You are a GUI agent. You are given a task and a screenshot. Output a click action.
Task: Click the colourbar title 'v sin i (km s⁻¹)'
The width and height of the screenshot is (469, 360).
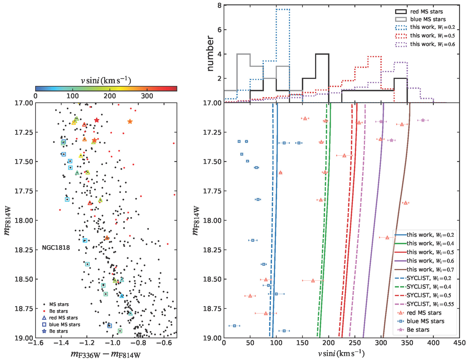click(x=106, y=81)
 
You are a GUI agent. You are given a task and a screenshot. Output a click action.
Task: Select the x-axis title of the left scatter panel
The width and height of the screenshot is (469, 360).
click(x=106, y=354)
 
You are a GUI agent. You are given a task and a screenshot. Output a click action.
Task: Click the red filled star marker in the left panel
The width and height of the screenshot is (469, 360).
click(x=97, y=120)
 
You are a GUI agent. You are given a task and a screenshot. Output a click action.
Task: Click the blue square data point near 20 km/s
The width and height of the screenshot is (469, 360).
click(x=234, y=325)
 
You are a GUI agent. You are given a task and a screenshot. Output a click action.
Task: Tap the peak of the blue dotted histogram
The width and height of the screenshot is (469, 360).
click(x=283, y=9)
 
